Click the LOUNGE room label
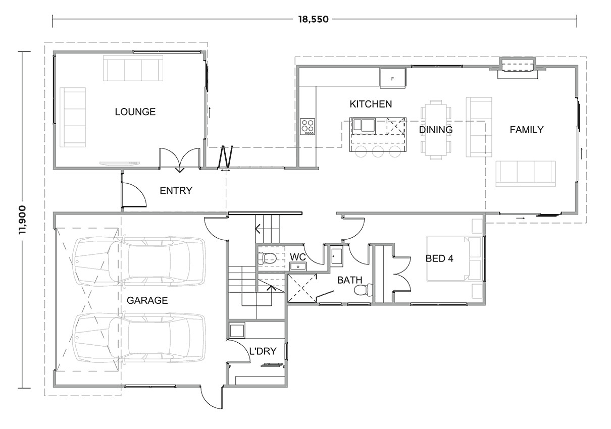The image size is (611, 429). [x=135, y=112]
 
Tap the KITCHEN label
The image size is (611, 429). [x=371, y=104]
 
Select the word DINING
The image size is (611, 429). [x=435, y=130]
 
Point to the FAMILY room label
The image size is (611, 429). [x=526, y=130]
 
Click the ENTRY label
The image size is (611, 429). [x=176, y=190]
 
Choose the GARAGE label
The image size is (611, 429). [x=147, y=300]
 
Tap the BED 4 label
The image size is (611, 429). [x=439, y=258]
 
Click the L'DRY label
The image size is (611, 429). [x=263, y=351]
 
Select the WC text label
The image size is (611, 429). [x=297, y=256]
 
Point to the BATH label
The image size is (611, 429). [x=349, y=280]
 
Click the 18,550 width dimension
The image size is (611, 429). [x=313, y=20]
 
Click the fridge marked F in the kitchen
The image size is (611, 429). [x=393, y=78]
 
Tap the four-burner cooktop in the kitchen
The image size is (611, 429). [x=307, y=126]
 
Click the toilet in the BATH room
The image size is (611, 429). [x=363, y=290]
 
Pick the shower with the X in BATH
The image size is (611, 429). [x=302, y=288]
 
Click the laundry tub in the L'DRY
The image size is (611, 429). [x=237, y=331]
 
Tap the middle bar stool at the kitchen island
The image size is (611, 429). [x=377, y=152]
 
